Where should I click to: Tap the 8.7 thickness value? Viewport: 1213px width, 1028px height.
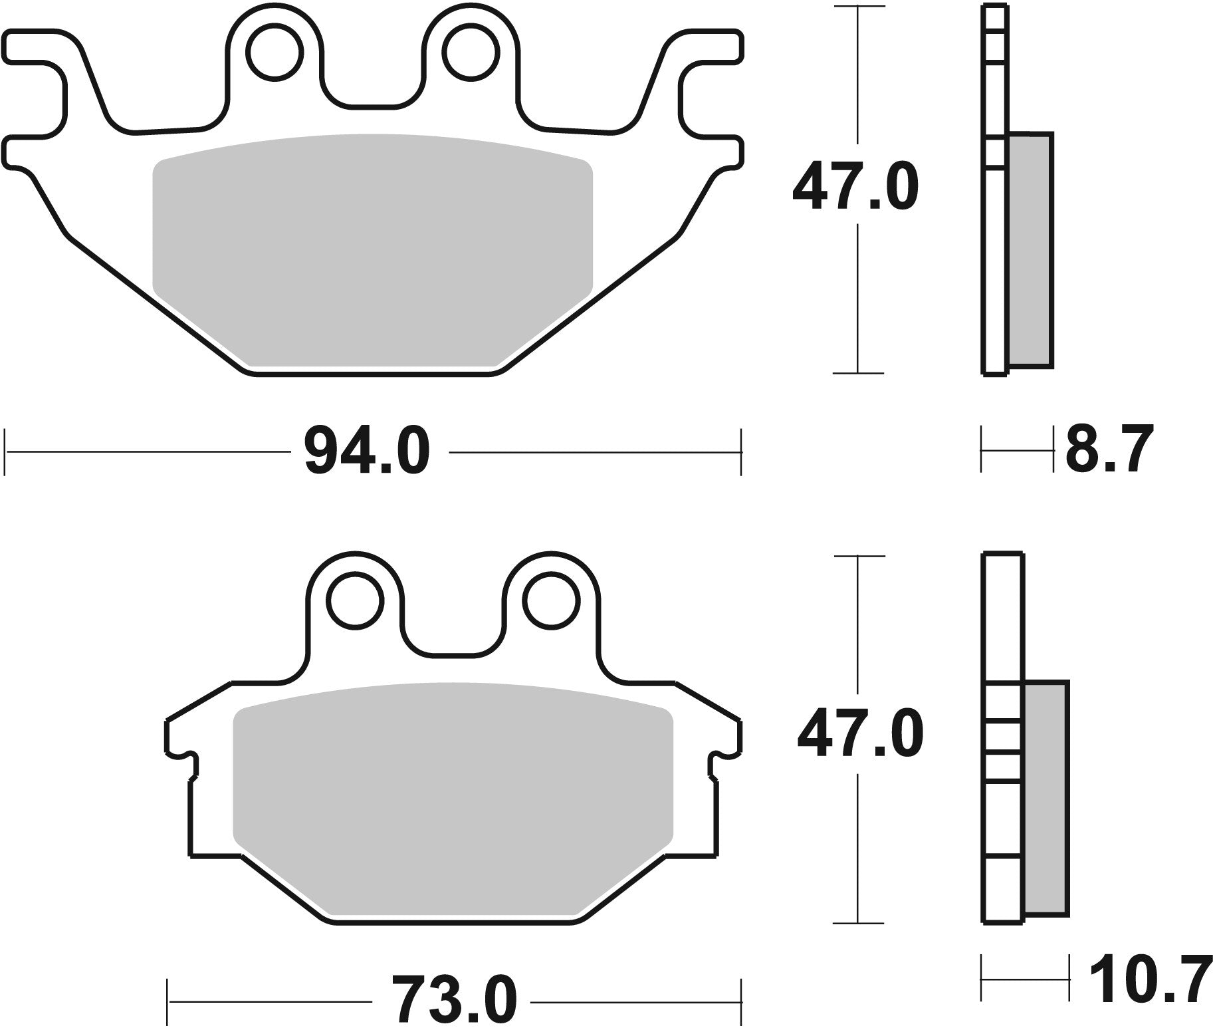[1109, 450]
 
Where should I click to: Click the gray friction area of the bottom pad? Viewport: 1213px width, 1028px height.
[453, 798]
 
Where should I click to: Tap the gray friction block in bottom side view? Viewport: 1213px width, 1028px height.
[1046, 798]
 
